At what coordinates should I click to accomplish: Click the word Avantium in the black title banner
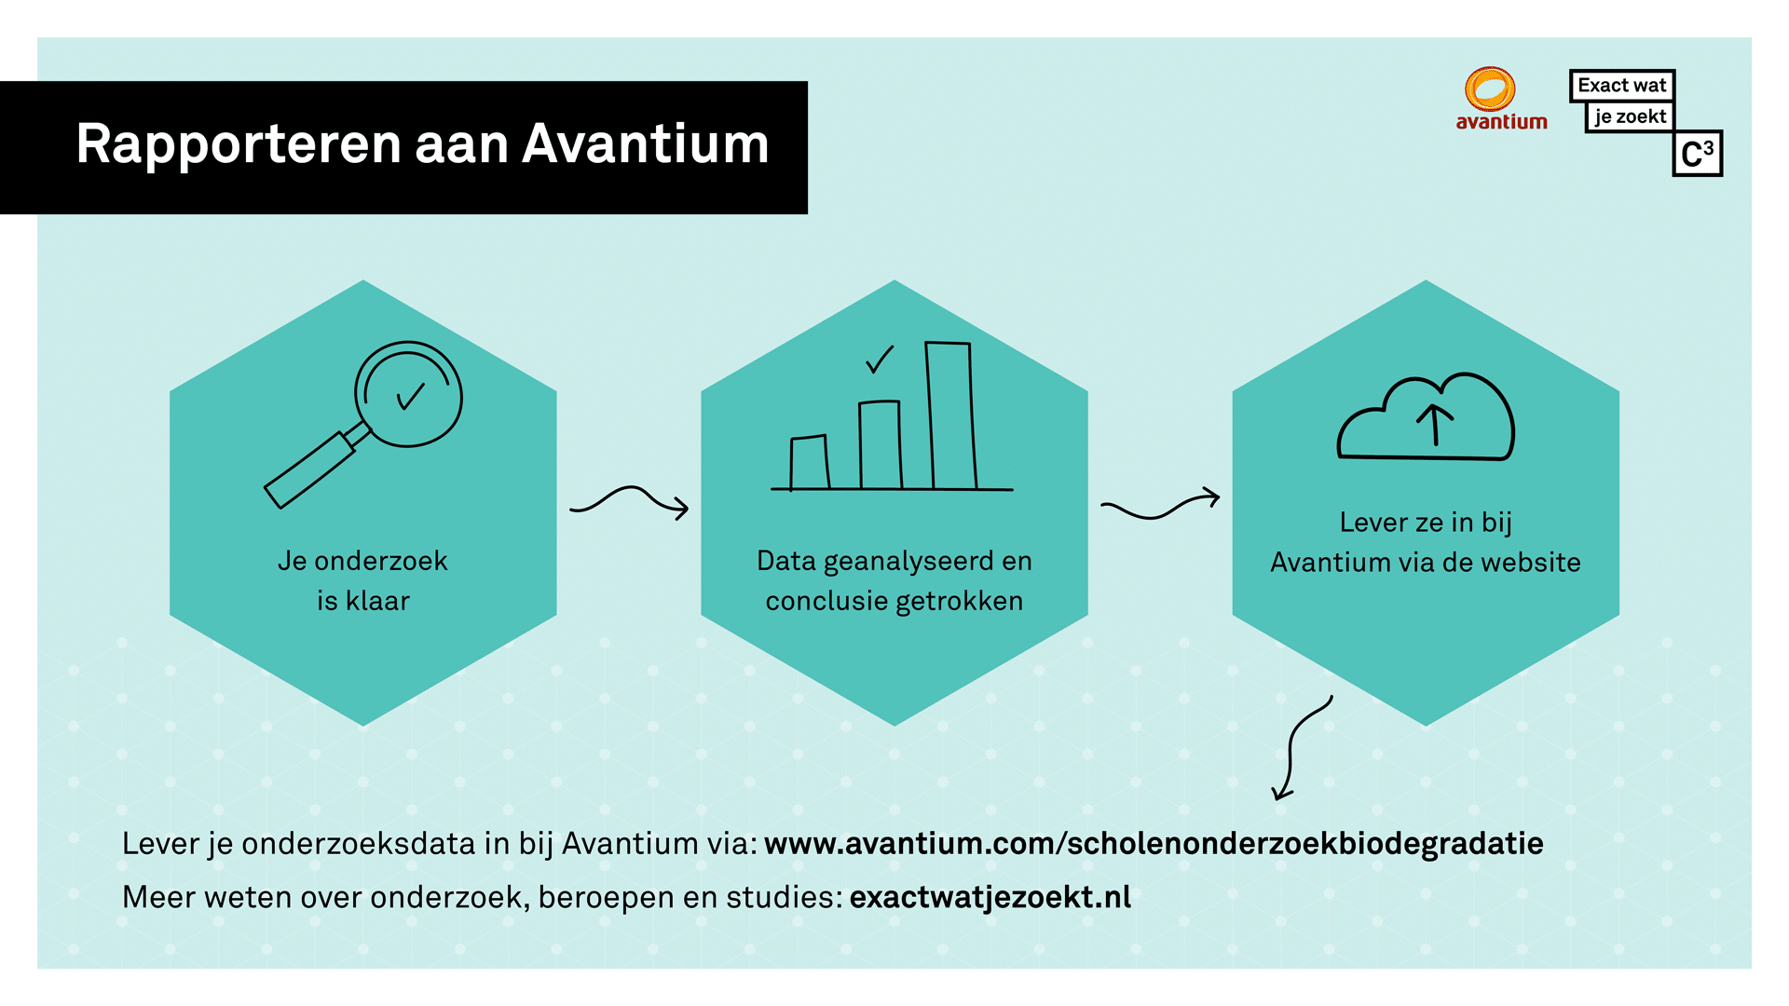(x=646, y=144)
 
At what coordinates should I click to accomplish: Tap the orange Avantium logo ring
(x=1490, y=89)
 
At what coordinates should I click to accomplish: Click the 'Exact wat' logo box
(x=1622, y=86)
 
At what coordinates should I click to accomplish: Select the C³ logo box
(x=1698, y=154)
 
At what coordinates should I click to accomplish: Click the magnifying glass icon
(x=364, y=424)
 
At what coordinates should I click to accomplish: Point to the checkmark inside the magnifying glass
(x=411, y=396)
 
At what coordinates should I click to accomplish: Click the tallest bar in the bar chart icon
(x=950, y=415)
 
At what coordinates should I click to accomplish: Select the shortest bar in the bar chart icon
(x=809, y=462)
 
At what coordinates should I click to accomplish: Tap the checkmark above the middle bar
(x=880, y=359)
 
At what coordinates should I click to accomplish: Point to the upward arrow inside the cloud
(x=1435, y=425)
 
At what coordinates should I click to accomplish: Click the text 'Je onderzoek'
(x=362, y=561)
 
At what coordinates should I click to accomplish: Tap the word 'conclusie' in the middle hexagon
(x=826, y=601)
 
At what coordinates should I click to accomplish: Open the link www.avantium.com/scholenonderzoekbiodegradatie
(x=1154, y=844)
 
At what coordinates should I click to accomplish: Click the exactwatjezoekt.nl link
(x=990, y=897)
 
